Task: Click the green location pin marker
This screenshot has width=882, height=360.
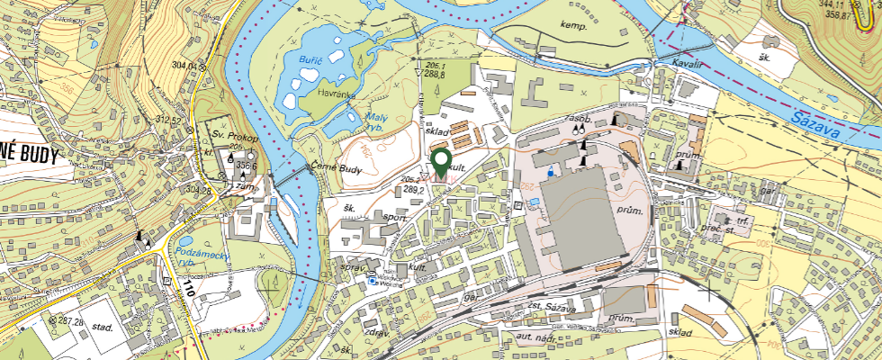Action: coord(441,164)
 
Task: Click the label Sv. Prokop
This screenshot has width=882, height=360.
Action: coord(236,136)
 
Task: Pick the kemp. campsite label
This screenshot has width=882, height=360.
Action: coord(573,26)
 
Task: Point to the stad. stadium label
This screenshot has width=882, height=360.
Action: coord(101,327)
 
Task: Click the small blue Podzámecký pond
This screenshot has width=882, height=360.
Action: coord(184,242)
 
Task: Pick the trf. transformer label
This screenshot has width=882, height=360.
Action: coord(743,220)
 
